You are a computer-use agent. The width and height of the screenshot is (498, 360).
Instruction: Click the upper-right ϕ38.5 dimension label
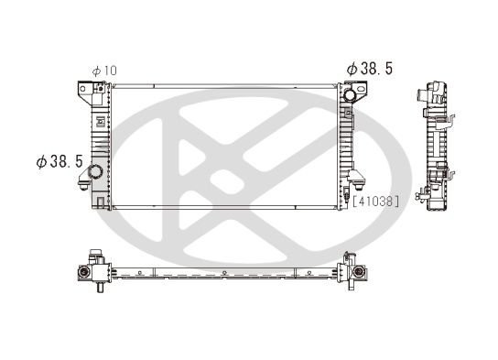click(x=370, y=69)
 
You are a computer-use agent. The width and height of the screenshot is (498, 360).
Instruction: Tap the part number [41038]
click(x=375, y=200)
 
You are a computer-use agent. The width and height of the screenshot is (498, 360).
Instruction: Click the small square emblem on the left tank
click(x=100, y=119)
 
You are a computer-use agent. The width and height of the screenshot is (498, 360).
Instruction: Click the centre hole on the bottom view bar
click(x=222, y=274)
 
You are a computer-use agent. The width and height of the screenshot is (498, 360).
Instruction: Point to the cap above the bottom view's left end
click(x=93, y=255)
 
